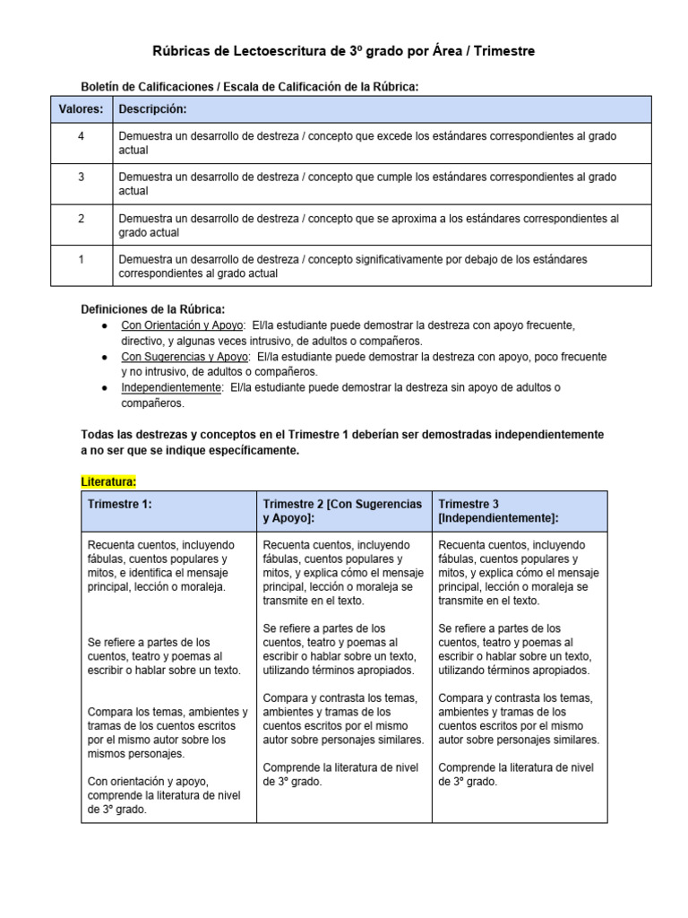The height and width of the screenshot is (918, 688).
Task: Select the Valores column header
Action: coord(81,109)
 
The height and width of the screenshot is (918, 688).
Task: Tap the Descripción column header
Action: coord(152,109)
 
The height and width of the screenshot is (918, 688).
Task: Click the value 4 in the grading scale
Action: coord(81,135)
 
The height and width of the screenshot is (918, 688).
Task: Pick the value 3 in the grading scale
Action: coord(81,177)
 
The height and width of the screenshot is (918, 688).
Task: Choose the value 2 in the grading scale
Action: coord(81,218)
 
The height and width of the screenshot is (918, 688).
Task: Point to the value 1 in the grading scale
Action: coord(81,259)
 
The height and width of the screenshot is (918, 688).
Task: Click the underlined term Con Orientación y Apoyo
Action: coord(182,325)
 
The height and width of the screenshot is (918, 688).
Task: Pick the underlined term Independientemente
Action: coord(171,388)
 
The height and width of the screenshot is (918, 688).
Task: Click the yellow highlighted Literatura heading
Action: coord(108,481)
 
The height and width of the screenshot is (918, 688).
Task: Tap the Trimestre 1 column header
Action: coord(120,504)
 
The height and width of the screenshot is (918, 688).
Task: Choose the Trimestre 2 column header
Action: coord(342,511)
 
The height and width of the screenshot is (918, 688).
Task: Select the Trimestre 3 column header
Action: coord(498,511)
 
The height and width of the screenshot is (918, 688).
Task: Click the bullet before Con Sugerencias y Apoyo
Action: coord(106,357)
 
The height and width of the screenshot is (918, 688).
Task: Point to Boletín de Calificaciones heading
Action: coord(250,86)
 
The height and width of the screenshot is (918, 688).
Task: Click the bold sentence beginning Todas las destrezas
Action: coord(342,442)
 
